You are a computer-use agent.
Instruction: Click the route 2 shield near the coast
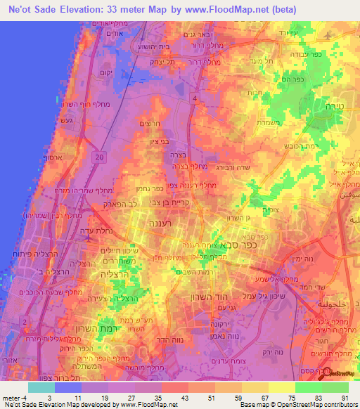pos(25,321)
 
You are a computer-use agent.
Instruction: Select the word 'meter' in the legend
pos(10,397)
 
